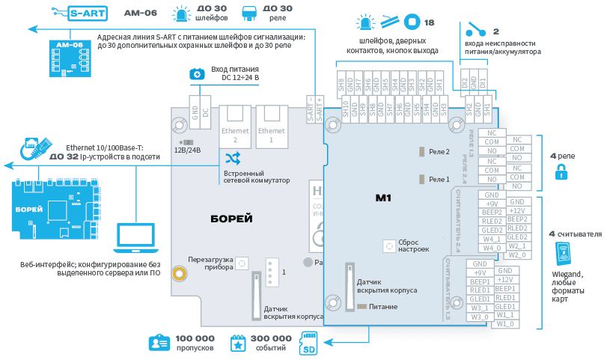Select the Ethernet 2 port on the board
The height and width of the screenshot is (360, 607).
click(236, 123)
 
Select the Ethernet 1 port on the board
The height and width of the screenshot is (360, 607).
click(271, 123)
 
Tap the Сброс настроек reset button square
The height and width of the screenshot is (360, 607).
click(388, 245)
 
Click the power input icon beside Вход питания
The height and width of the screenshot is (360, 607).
click(196, 73)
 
